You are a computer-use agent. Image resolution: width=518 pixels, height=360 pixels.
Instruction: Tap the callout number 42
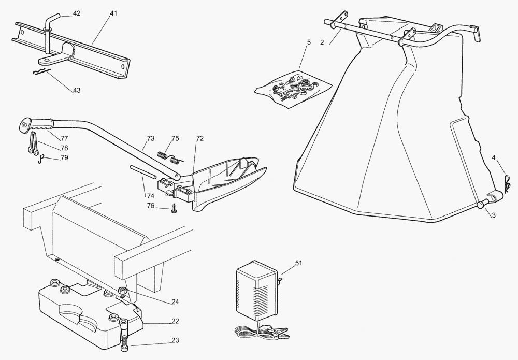click(x=77, y=14)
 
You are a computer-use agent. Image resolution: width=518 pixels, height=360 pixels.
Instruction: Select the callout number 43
click(x=77, y=90)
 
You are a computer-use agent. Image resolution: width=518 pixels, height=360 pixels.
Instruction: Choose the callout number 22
click(x=175, y=321)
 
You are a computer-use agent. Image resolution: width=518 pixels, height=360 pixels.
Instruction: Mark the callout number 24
click(x=175, y=301)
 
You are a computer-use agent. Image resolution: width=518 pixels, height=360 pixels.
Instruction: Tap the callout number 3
click(x=493, y=215)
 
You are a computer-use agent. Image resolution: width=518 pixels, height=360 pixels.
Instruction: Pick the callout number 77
click(x=64, y=138)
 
